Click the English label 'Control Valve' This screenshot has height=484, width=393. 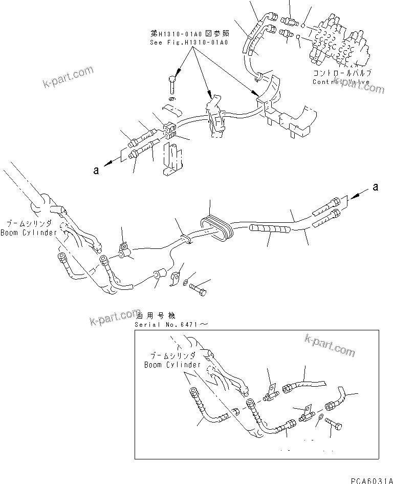coord(341,81)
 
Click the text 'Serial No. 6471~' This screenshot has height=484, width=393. coord(172,325)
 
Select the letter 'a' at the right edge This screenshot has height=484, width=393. coord(375,187)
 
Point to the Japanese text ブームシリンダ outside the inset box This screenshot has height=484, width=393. coord(28,224)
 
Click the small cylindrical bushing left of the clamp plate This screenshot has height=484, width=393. coord(159,276)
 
